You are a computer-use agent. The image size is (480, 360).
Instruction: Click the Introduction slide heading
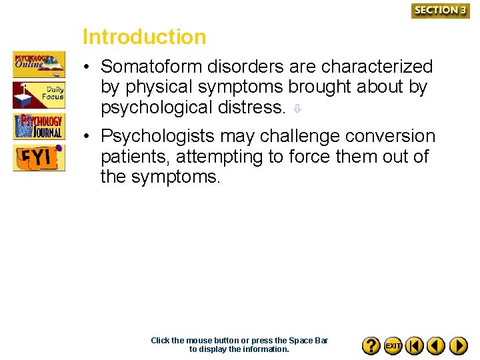pos(144,37)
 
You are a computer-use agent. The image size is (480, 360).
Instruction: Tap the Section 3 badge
pos(440,10)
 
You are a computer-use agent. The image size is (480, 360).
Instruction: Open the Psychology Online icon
pos(39,64)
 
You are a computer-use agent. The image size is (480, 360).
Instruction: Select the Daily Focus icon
pos(39,95)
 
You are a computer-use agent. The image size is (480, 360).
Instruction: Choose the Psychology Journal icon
pos(39,126)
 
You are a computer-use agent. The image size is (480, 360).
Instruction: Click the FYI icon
pos(39,158)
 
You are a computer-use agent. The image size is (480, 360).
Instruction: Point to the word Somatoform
pos(151,67)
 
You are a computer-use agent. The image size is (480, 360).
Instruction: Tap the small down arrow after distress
pos(298,109)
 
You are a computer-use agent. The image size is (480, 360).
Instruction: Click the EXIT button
pos(393,345)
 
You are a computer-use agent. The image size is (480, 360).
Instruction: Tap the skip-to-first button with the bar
pos(415,345)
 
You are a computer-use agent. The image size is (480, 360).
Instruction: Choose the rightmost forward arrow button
pos(458,345)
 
